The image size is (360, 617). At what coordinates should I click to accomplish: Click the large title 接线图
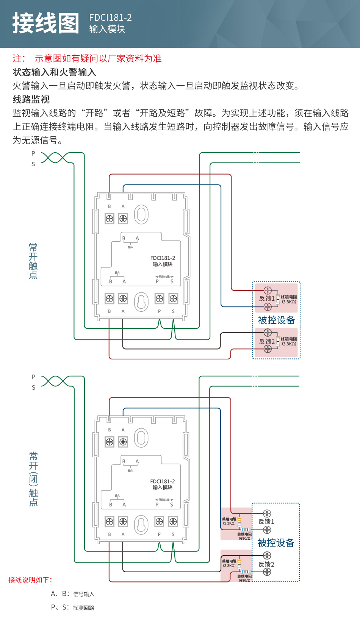46,23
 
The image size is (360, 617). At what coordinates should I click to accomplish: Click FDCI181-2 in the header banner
110,17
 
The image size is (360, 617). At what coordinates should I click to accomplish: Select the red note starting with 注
87,58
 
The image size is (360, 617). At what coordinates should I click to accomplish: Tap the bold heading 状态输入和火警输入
54,72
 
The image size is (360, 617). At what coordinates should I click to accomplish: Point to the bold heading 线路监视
31,99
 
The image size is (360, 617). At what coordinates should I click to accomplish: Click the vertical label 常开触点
33,261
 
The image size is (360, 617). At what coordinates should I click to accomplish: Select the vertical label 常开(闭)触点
34,479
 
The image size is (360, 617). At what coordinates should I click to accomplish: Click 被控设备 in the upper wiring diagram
276,320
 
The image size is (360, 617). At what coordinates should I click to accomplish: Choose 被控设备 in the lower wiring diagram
276,543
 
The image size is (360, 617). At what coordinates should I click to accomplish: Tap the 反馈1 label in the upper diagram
266,298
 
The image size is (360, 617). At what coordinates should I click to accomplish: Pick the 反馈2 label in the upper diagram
266,341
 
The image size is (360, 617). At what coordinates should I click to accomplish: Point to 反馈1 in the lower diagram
266,522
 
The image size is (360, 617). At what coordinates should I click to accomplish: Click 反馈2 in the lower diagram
266,564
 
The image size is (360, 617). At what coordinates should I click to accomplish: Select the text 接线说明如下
30,580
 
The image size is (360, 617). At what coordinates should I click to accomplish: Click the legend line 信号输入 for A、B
73,594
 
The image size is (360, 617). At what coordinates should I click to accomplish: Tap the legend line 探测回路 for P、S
73,608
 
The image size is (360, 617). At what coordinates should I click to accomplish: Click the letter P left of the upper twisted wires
33,153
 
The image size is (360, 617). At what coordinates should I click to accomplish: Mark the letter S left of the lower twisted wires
33,387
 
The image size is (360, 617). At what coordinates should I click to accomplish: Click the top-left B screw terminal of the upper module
110,219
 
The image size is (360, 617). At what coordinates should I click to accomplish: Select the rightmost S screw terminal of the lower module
173,522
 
